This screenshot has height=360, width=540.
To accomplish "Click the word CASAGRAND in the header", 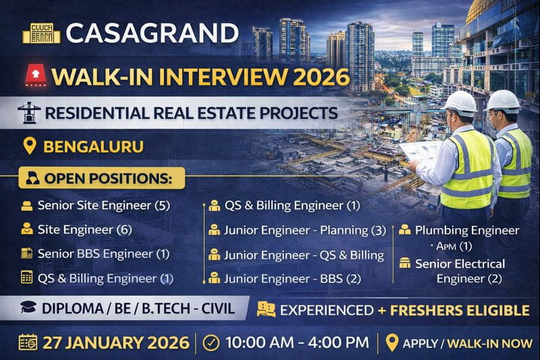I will pyautogui.click(x=153, y=33).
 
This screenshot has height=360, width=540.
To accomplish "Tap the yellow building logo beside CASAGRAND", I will pyautogui.click(x=41, y=32).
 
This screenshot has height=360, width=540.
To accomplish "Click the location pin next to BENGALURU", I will pyautogui.click(x=29, y=146).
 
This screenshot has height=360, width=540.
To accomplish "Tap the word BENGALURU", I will pyautogui.click(x=93, y=146).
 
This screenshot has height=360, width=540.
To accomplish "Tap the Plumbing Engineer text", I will pyautogui.click(x=466, y=230).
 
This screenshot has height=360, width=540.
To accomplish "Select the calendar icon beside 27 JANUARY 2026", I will pyautogui.click(x=28, y=342).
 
